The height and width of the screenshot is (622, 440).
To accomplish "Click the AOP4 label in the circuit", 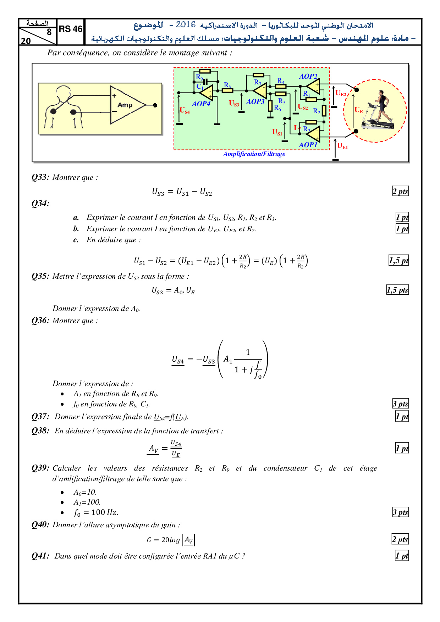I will pos(201,104).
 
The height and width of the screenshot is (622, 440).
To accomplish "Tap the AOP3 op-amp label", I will pos(255,102).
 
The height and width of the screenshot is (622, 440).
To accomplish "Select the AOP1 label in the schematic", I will pos(308,145).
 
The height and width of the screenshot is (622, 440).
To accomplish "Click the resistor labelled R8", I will pos(227,90).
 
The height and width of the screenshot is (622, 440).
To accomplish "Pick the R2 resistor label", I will pos(317,111).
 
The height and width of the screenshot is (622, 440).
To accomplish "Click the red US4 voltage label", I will pos(185,111).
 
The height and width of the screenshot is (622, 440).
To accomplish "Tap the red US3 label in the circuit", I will pos(234,103).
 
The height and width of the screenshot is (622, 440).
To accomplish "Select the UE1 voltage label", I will pos(342,146).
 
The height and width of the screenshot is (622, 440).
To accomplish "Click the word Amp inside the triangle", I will pos(125,105).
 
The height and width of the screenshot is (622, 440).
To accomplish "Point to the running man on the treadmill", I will pos(381,108).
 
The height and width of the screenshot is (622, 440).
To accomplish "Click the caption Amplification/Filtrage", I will pos(254,154).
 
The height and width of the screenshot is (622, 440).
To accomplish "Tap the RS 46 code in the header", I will pos(71,29).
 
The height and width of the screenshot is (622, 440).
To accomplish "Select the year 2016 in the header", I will pos(186,24).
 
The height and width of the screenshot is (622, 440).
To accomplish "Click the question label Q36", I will pos(40,321).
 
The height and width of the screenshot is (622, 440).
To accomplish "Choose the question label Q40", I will pos(40,525).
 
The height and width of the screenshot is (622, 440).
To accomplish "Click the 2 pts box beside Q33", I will pos(400,191).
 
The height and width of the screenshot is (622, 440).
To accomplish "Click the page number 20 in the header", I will pos(26,41).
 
